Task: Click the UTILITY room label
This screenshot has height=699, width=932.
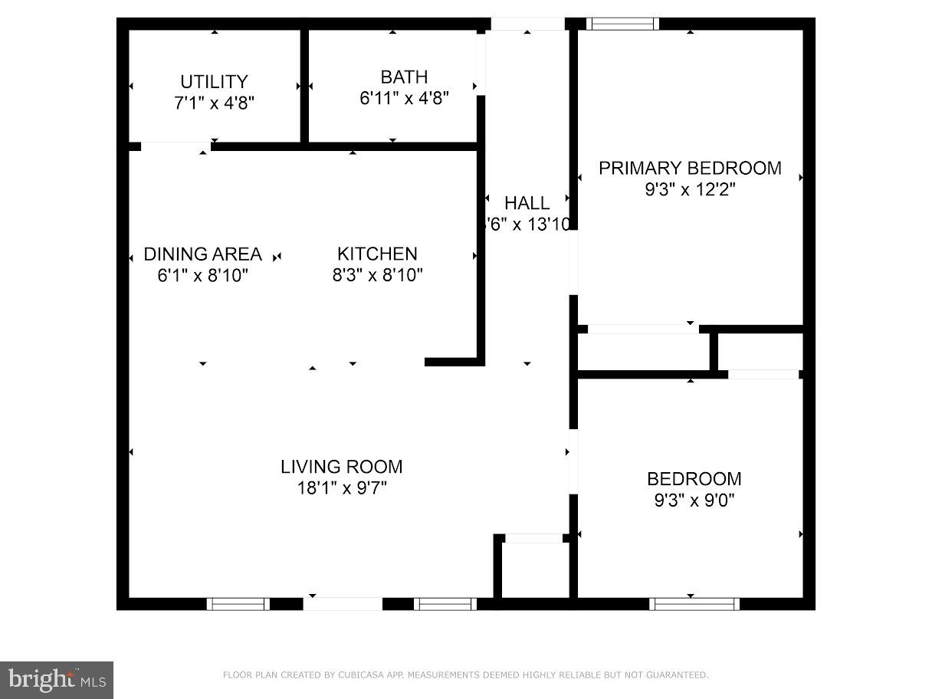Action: [x=214, y=81]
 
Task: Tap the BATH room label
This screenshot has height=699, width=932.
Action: [x=404, y=77]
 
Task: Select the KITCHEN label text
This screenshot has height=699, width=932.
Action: [x=377, y=254]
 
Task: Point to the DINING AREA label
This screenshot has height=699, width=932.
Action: [x=203, y=254]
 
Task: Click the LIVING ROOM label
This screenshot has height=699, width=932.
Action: [x=341, y=466]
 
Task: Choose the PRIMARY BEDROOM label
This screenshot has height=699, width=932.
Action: [x=690, y=168]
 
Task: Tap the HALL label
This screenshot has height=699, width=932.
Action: [x=527, y=203]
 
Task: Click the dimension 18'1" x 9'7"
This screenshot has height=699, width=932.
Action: [x=341, y=487]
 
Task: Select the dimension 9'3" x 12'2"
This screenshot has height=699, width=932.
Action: [x=690, y=189]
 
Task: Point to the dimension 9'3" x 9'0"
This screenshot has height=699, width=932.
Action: [x=694, y=500]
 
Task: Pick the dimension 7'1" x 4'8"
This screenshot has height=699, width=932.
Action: [x=214, y=103]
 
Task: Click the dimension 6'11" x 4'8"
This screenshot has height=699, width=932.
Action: [x=404, y=98]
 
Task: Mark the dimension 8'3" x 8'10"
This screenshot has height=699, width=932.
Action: [x=377, y=274]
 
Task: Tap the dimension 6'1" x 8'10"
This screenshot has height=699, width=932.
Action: [x=203, y=274]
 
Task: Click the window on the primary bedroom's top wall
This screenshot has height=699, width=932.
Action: [x=622, y=24]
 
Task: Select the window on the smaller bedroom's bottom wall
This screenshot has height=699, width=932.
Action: [x=694, y=604]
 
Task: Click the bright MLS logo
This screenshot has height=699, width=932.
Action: [x=57, y=679]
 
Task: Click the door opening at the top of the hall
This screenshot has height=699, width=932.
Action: [x=527, y=24]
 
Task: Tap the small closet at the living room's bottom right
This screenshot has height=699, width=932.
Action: [x=535, y=569]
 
